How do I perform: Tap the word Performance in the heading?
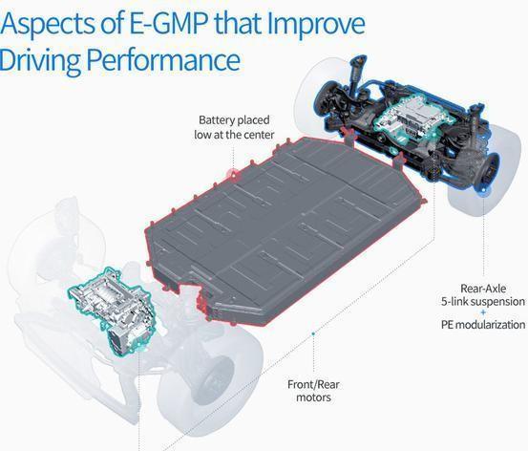[x=163, y=59]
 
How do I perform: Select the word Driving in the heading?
[x=40, y=60]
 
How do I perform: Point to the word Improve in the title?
[x=317, y=25]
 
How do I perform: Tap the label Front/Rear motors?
[x=313, y=391]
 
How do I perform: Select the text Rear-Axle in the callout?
[x=483, y=289]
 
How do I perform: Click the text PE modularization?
[x=483, y=325]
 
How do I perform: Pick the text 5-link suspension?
[x=483, y=301]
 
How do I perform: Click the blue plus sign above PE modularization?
[x=483, y=312]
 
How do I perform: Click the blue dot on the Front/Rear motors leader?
[x=313, y=333]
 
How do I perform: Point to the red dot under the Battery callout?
[x=233, y=174]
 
